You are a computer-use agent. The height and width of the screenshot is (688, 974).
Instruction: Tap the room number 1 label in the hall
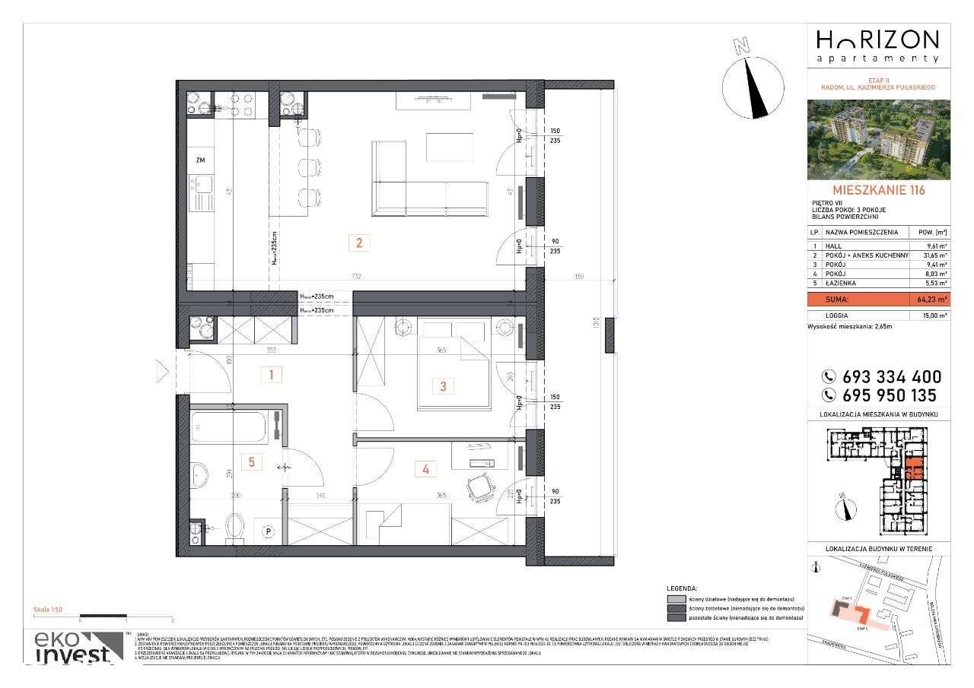[272, 374]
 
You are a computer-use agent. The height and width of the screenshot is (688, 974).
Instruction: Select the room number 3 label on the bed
[443, 386]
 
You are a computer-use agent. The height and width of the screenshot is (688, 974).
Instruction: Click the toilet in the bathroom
[235, 525]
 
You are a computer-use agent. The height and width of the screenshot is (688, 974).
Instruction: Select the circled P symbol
[268, 531]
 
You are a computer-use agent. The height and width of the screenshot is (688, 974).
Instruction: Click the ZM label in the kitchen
[200, 160]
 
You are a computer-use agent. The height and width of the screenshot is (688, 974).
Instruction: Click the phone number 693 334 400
[883, 377]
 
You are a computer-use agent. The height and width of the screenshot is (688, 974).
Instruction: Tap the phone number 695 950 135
[883, 395]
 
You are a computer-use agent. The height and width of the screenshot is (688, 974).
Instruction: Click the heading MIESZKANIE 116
[879, 190]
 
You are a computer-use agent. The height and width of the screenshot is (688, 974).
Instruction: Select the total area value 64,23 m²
[926, 300]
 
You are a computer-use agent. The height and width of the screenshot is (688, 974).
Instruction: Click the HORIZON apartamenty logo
[878, 46]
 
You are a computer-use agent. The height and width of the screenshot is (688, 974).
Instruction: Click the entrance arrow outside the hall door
[161, 371]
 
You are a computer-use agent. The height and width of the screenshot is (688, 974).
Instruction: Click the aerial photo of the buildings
[879, 138]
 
